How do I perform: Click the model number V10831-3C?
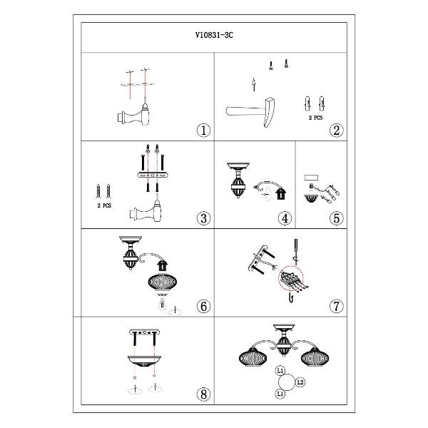click(214, 35)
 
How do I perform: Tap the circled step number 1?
click(203, 131)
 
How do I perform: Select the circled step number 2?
click(336, 131)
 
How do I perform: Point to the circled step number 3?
click(203, 218)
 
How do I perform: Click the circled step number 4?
click(285, 218)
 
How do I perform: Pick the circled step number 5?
click(336, 218)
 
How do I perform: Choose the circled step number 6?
click(203, 306)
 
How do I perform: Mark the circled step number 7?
click(336, 306)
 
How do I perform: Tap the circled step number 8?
click(203, 394)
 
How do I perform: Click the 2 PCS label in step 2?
click(315, 118)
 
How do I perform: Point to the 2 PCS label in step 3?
click(104, 205)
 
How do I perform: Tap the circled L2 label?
click(300, 382)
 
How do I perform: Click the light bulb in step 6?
click(163, 305)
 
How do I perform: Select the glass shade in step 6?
click(163, 282)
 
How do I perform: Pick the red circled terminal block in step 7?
click(291, 277)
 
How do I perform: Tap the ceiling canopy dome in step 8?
click(144, 362)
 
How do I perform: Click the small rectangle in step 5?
click(312, 178)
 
